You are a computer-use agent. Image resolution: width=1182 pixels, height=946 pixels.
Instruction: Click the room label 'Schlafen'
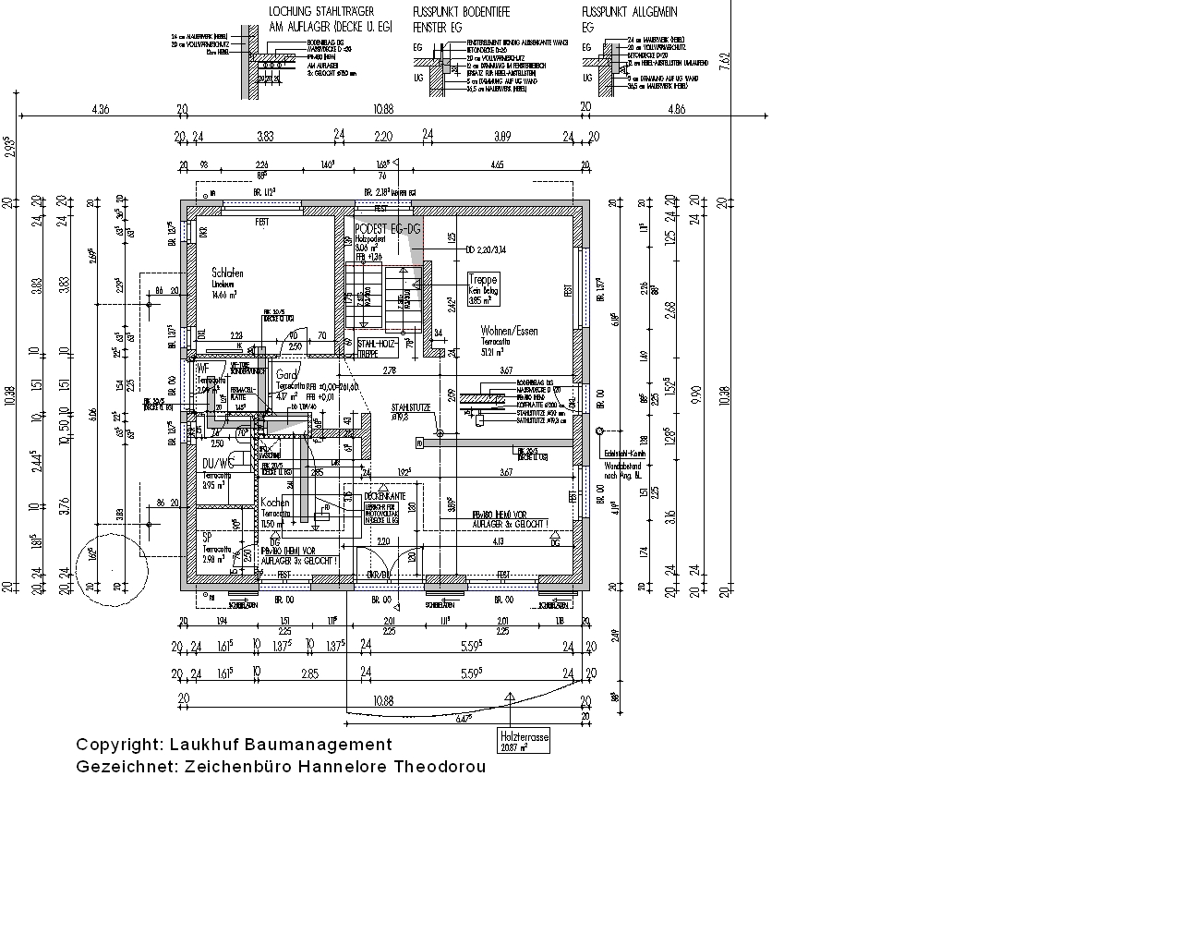227,273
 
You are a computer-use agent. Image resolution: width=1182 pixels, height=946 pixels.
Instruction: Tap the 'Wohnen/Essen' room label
509,331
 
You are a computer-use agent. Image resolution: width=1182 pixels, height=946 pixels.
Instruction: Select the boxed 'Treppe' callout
483,279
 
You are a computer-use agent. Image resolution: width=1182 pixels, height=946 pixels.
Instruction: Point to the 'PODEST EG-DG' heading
387,227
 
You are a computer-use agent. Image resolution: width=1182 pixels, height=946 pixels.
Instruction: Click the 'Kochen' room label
274,503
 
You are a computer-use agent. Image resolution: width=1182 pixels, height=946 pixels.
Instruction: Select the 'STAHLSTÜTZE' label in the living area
410,406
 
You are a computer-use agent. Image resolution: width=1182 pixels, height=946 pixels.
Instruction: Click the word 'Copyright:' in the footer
118,745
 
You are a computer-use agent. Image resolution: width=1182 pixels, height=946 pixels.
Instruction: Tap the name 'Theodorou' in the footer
440,767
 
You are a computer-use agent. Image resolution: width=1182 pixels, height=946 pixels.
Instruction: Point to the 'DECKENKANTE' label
380,496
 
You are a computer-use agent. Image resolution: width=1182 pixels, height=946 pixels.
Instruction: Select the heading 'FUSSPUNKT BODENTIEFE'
461,12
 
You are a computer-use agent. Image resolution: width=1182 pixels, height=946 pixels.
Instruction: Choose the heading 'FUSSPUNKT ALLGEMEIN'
629,12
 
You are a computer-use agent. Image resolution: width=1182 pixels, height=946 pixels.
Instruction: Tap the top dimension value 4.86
675,109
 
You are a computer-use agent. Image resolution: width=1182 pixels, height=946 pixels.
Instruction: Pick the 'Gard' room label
286,375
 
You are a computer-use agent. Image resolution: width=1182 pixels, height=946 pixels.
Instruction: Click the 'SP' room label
207,536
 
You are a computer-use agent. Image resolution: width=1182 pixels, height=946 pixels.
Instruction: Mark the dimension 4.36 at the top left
101,109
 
